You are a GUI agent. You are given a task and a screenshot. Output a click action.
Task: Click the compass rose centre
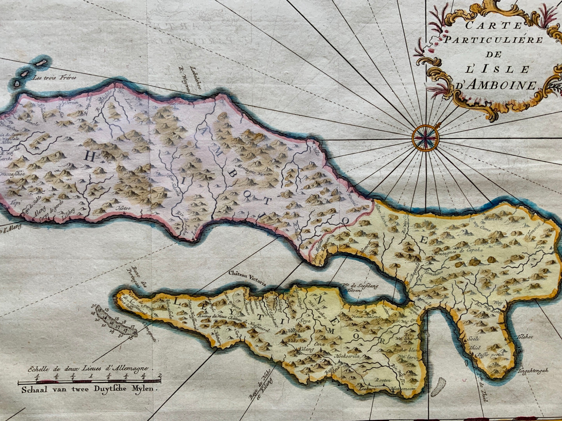tap(425, 137)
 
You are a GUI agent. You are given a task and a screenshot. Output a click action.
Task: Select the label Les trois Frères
tap(55, 77)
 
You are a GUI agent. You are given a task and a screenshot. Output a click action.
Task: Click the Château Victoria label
tap(247, 273)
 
